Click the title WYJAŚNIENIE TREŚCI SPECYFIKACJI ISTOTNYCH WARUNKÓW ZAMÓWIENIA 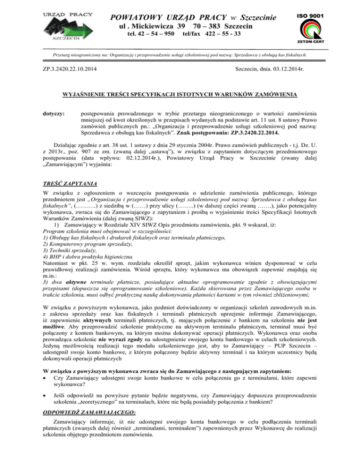click(x=180, y=95)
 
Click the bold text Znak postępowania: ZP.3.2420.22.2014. click(x=262, y=134)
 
